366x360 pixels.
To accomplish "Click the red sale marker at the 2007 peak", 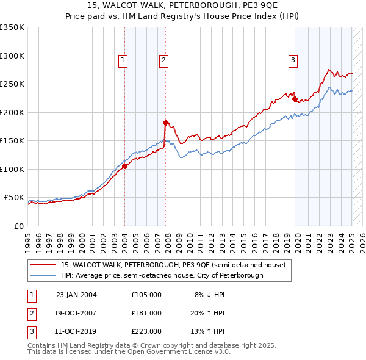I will (x=165, y=123).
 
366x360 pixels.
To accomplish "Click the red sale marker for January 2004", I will (x=124, y=166).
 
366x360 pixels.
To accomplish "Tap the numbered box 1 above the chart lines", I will (x=123, y=60).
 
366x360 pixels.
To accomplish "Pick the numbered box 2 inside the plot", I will (x=164, y=60).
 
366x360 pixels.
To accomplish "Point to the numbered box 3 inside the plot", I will (x=293, y=60).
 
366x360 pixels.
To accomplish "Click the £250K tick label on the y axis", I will (x=12, y=84).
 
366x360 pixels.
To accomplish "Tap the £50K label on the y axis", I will (x=14, y=198).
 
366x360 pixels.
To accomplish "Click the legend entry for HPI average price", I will (x=162, y=275).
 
